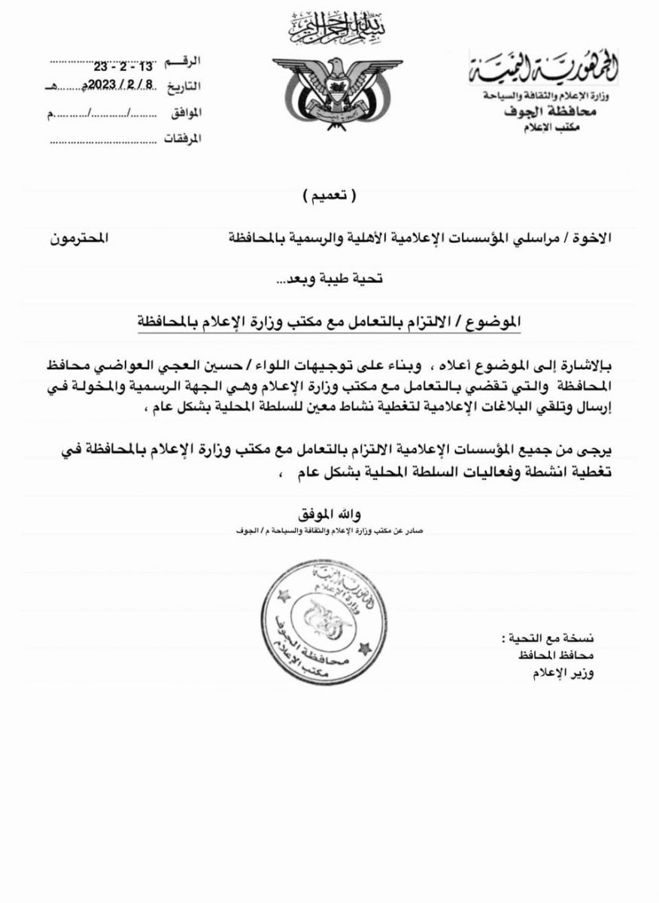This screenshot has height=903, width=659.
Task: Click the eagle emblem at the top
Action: coord(327,93)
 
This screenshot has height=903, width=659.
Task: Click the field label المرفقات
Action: coord(184,140)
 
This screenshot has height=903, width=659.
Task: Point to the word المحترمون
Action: coord(79,238)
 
